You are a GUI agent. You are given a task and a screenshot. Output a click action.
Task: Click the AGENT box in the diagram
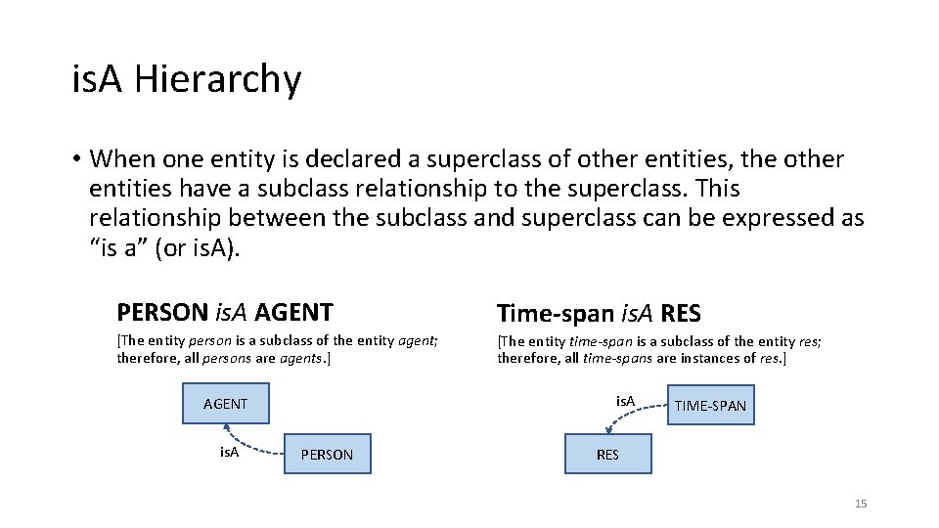[225, 404]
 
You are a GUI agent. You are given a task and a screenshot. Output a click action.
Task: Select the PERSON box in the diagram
[327, 455]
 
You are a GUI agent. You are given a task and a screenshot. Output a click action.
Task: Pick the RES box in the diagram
[607, 455]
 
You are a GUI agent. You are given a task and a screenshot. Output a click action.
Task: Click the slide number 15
[861, 504]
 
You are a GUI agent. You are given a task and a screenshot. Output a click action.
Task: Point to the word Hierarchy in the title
[218, 79]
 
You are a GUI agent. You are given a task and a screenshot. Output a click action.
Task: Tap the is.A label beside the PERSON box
[229, 452]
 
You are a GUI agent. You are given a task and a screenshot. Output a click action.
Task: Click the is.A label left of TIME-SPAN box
[625, 401]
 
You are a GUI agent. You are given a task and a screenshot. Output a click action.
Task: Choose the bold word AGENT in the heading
[293, 313]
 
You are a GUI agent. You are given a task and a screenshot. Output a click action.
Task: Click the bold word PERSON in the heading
[162, 313]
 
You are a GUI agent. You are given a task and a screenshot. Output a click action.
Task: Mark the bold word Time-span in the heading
[556, 314]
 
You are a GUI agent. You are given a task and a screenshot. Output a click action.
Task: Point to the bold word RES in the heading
[681, 314]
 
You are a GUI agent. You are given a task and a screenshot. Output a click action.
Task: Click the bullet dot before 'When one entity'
[75, 159]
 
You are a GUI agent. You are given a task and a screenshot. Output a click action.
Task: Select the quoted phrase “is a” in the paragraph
[117, 247]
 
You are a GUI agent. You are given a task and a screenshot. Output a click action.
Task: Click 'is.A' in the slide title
[98, 79]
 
